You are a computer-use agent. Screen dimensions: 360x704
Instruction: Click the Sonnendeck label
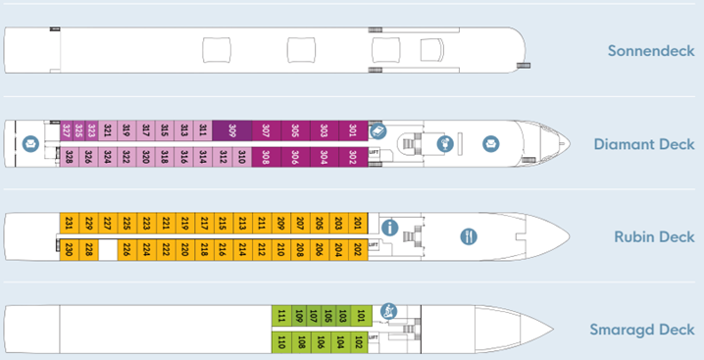(650, 51)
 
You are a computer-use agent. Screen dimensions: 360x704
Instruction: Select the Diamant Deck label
(644, 144)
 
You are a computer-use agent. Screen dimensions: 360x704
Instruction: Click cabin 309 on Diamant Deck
(231, 130)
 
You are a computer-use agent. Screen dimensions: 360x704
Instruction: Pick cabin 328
(69, 157)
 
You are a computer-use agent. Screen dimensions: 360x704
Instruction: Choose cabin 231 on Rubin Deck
(69, 224)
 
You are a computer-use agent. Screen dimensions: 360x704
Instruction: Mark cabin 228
(88, 249)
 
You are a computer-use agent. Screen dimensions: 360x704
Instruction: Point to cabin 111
(280, 316)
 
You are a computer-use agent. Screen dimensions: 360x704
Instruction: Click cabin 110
(280, 342)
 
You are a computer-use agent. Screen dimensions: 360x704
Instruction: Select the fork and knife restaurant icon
(469, 236)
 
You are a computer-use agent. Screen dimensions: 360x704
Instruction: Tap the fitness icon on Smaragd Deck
(388, 311)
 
